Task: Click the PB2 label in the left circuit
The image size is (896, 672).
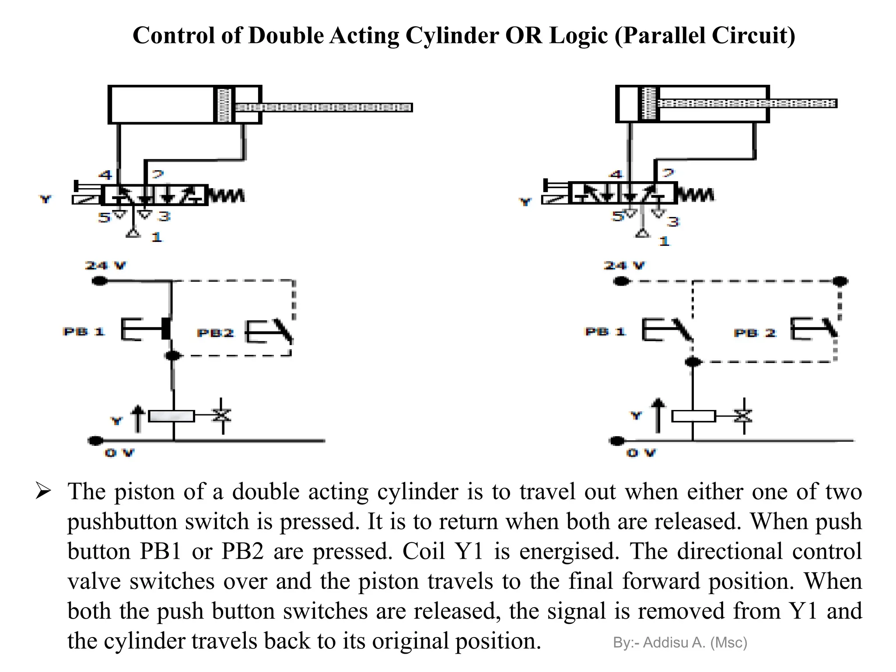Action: click(215, 333)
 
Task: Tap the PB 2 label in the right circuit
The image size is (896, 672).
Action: click(755, 333)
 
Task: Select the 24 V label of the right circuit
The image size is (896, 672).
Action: click(624, 265)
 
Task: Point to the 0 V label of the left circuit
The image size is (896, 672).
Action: click(119, 453)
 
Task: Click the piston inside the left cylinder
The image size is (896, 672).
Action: click(224, 105)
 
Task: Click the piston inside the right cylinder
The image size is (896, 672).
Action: click(649, 103)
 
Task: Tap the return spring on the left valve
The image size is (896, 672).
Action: click(226, 195)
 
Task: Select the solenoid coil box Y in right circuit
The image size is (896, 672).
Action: click(693, 416)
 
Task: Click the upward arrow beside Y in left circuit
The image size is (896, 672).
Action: click(138, 418)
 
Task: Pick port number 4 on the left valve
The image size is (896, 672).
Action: click(105, 175)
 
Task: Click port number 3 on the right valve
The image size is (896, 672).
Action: click(673, 222)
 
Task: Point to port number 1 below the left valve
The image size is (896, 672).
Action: click(157, 237)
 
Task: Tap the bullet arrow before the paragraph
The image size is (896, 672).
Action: click(43, 491)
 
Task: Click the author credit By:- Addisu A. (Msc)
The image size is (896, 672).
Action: click(680, 642)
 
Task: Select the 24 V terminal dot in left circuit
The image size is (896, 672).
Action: click(100, 281)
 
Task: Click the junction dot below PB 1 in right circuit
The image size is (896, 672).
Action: click(693, 362)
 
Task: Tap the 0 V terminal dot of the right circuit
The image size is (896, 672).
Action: click(617, 441)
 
